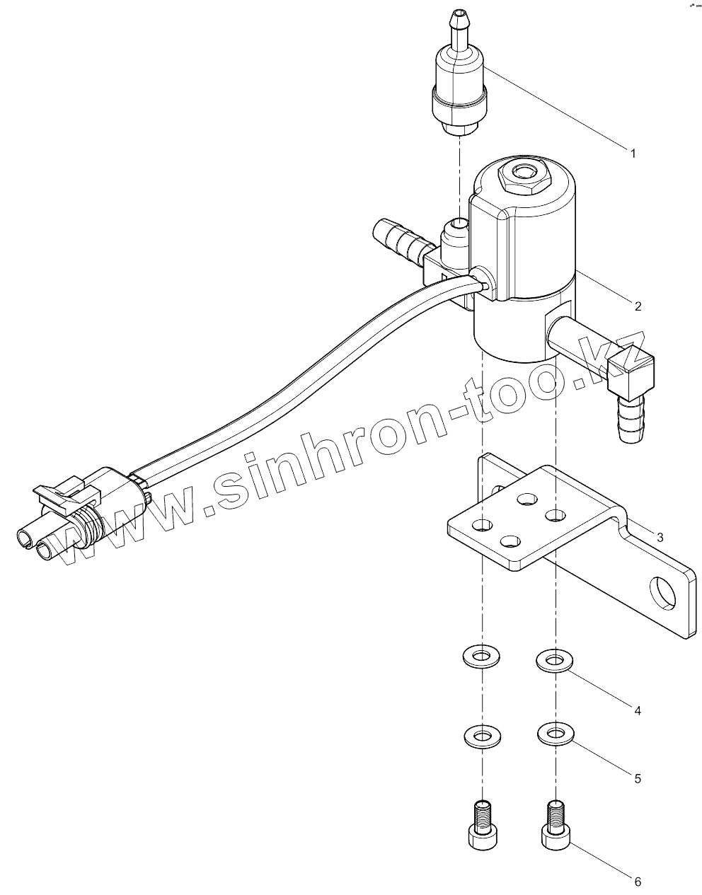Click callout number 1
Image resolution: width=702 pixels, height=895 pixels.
coord(633,153)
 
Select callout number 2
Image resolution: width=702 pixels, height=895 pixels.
coord(638,306)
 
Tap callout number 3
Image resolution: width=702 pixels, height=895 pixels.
coord(660,538)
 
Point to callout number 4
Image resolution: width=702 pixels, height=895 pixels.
coord(638,710)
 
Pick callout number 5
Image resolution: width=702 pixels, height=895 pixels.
coord(638,778)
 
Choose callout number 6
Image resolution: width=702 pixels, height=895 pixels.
coord(638,882)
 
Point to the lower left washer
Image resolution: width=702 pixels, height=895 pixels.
coord(482,736)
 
